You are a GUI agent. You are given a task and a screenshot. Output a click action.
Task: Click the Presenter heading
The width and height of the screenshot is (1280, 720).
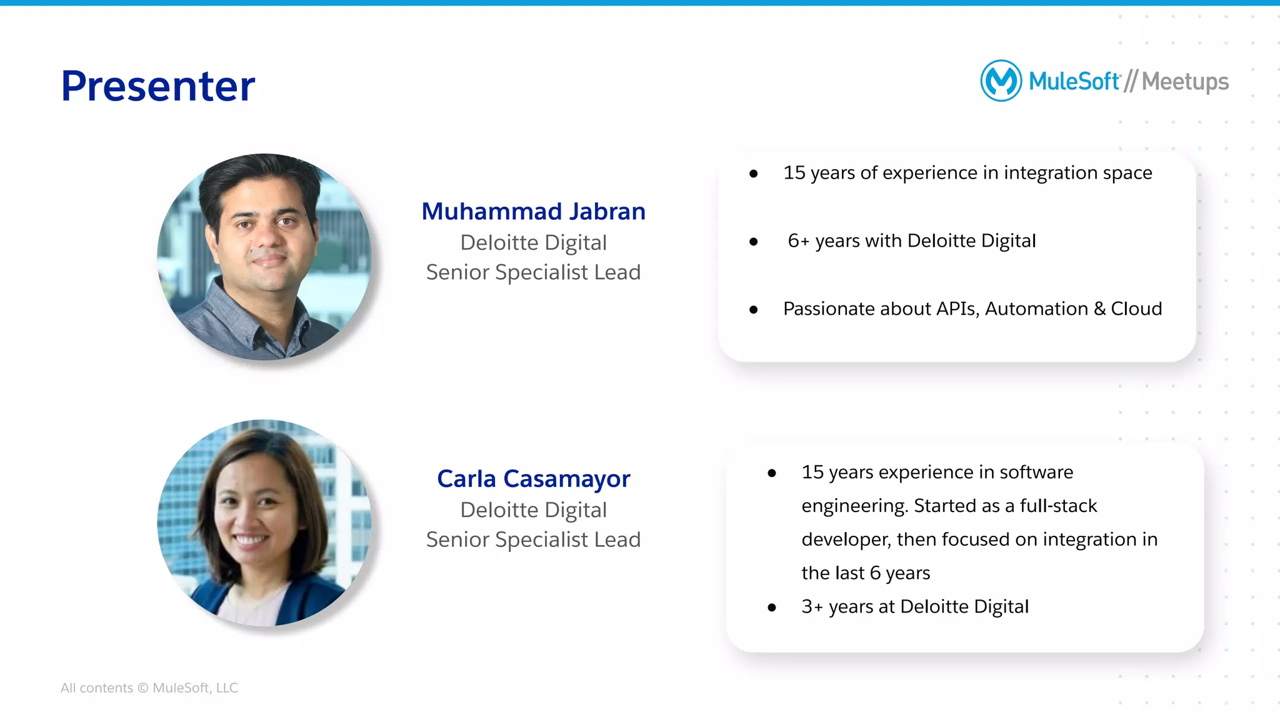click(x=157, y=86)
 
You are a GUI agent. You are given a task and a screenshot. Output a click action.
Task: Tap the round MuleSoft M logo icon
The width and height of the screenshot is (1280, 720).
click(x=1001, y=81)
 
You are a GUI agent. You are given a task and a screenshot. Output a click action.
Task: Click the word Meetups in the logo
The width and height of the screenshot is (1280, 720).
click(x=1185, y=82)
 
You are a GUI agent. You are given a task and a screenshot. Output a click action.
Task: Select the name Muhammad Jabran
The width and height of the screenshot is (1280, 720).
click(x=533, y=212)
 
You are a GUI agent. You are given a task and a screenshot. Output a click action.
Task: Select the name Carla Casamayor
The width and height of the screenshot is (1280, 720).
click(x=533, y=479)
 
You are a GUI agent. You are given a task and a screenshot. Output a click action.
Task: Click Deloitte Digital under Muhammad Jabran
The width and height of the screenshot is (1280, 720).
click(x=533, y=242)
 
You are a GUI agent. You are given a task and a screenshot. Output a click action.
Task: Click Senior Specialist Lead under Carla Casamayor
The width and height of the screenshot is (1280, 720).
click(x=533, y=540)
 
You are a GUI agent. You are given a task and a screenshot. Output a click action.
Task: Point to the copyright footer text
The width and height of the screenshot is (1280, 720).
click(x=149, y=688)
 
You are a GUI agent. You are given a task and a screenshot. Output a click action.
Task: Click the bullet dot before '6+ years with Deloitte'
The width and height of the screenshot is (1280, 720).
click(x=753, y=242)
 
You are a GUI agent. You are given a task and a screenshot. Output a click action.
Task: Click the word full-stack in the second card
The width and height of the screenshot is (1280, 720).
click(x=1058, y=506)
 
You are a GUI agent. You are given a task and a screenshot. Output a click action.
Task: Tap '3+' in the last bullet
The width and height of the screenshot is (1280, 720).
click(x=812, y=607)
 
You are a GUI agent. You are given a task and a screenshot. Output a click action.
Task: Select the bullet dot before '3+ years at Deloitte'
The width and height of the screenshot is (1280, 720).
click(x=772, y=608)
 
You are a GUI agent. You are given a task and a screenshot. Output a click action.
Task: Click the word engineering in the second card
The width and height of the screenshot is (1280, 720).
click(x=854, y=506)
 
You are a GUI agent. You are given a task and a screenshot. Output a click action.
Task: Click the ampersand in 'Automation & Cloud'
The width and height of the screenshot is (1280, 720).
click(x=1099, y=309)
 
